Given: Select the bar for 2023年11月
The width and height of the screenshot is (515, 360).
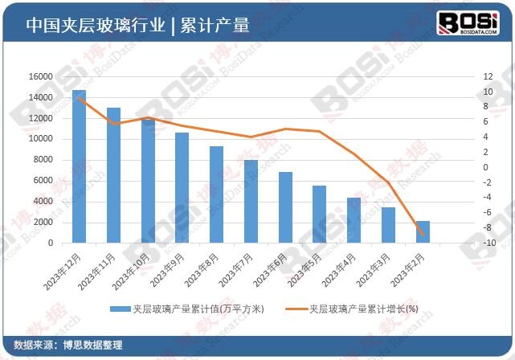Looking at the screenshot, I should (113, 175).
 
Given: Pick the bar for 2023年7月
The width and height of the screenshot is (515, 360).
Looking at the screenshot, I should (251, 201).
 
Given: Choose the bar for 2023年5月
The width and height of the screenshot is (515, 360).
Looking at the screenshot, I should (319, 214).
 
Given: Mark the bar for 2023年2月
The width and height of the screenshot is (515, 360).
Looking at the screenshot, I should (423, 231).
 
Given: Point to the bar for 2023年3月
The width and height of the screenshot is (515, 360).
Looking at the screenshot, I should (388, 225).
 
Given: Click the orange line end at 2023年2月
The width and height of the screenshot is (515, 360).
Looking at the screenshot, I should (423, 235).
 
